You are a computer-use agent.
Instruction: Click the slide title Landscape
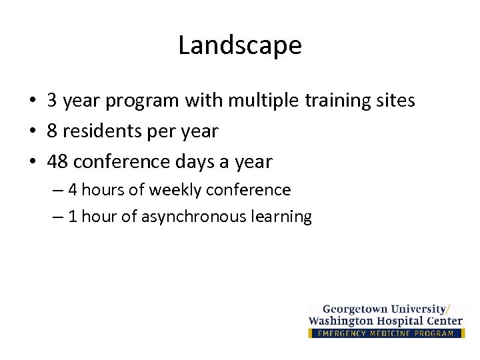point(240,46)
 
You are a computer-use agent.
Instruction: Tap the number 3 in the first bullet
point(52,101)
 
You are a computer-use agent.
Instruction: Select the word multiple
point(254,101)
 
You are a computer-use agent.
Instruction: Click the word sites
point(397,101)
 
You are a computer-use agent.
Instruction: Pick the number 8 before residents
point(52,131)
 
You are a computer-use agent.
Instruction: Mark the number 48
point(57,162)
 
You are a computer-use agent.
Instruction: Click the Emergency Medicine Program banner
point(386,333)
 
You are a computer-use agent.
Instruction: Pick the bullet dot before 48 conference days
point(33,162)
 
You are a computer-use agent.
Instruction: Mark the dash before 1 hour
point(56,217)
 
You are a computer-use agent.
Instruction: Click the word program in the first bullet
point(141,101)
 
